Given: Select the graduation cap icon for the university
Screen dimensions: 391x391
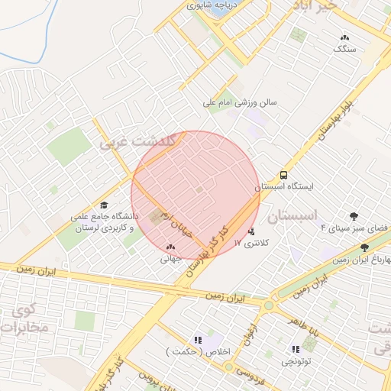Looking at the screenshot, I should tap(105, 205).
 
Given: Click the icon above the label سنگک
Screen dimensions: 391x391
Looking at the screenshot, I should tap(344, 37).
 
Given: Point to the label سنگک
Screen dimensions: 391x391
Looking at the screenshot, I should tap(344, 48).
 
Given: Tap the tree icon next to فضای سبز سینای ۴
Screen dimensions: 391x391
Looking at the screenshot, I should tap(354, 216).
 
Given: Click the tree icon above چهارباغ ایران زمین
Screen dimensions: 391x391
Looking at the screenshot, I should tap(364, 247).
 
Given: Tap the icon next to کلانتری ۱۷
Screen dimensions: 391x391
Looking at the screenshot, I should tap(252, 231).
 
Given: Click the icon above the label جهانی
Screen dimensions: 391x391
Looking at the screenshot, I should tap(170, 247).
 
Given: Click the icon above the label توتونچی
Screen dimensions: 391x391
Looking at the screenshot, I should tap(296, 349).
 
